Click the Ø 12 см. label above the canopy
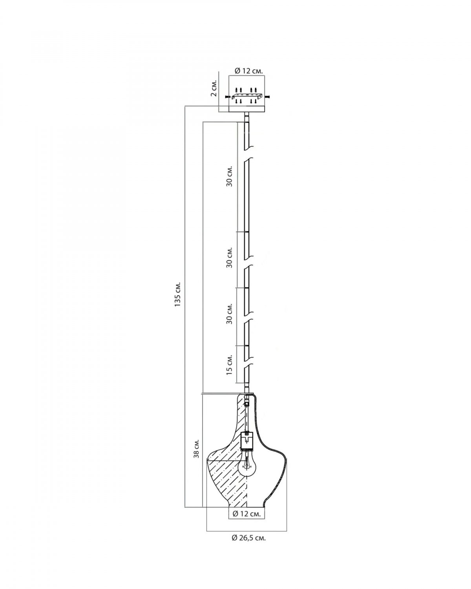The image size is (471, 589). click(249, 71)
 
